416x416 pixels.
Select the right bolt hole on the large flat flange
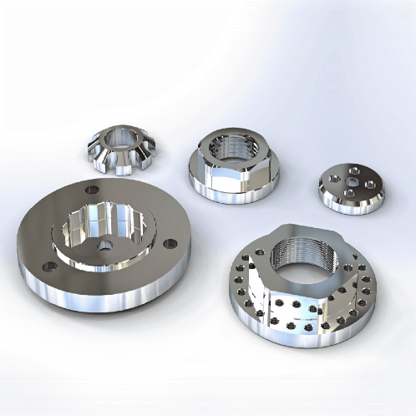pyautogui.click(x=170, y=243)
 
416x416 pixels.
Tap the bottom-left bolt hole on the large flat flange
pyautogui.click(x=48, y=266)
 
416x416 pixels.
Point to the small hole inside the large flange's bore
pyautogui.click(x=105, y=244)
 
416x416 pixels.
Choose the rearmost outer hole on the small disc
pyautogui.click(x=357, y=169)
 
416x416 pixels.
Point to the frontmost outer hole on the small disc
pyautogui.click(x=348, y=195)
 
